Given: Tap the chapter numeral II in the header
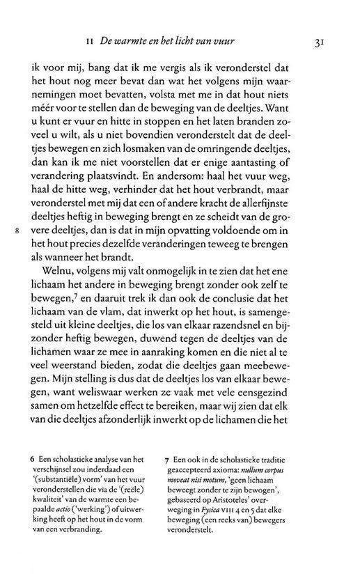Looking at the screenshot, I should (x=102, y=42).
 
